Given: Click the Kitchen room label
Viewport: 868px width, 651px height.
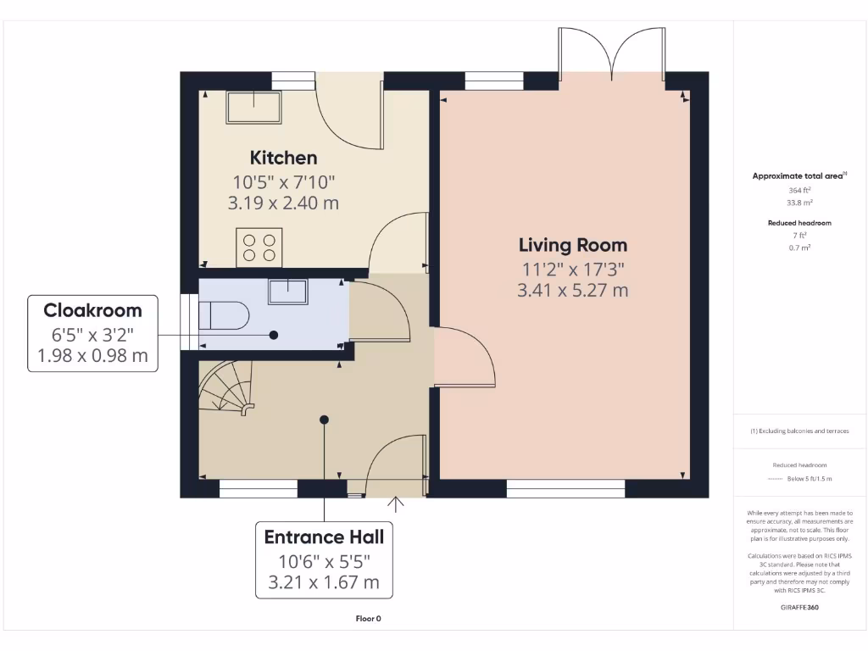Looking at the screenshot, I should pyautogui.click(x=283, y=158).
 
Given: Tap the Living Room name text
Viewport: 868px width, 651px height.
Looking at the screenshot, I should pyautogui.click(x=573, y=245).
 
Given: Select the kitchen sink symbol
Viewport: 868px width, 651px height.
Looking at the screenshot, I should pyautogui.click(x=253, y=108).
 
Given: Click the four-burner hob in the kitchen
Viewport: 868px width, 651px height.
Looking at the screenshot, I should pyautogui.click(x=259, y=248).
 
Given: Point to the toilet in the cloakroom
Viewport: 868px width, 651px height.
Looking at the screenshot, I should pyautogui.click(x=223, y=316).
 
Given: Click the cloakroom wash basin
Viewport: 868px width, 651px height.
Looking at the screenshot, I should pyautogui.click(x=288, y=291).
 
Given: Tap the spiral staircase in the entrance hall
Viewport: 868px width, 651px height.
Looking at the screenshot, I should pyautogui.click(x=226, y=388).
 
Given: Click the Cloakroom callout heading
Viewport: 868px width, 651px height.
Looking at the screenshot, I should pyautogui.click(x=92, y=310).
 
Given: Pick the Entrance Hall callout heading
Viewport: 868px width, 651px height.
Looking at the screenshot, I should pyautogui.click(x=324, y=537).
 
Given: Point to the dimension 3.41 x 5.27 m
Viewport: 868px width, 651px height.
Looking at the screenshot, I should pyautogui.click(x=573, y=290).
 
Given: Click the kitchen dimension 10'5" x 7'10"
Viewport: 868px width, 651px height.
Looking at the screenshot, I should pyautogui.click(x=284, y=181).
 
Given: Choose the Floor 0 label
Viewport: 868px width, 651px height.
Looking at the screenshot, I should pyautogui.click(x=368, y=619).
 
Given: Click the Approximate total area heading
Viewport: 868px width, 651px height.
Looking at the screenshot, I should pyautogui.click(x=798, y=176).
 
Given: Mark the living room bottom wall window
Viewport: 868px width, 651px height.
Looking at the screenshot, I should pyautogui.click(x=565, y=489).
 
